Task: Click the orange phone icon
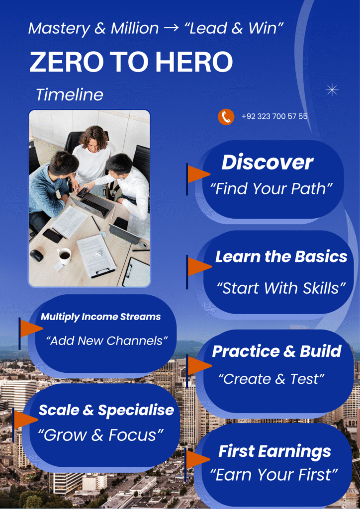pos(226,117)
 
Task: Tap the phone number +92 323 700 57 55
pos(274,117)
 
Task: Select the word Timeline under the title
pos(70,94)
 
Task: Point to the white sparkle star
pos(332,89)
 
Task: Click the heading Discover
pos(267,163)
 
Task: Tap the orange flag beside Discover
pos(198,174)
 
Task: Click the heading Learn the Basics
pos(281,257)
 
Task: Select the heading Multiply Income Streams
pos(100,317)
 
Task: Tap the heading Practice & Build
pos(276,351)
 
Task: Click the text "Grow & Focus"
pos(101,435)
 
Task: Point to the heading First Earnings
pos(274,451)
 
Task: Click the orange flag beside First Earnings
pos(197,460)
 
